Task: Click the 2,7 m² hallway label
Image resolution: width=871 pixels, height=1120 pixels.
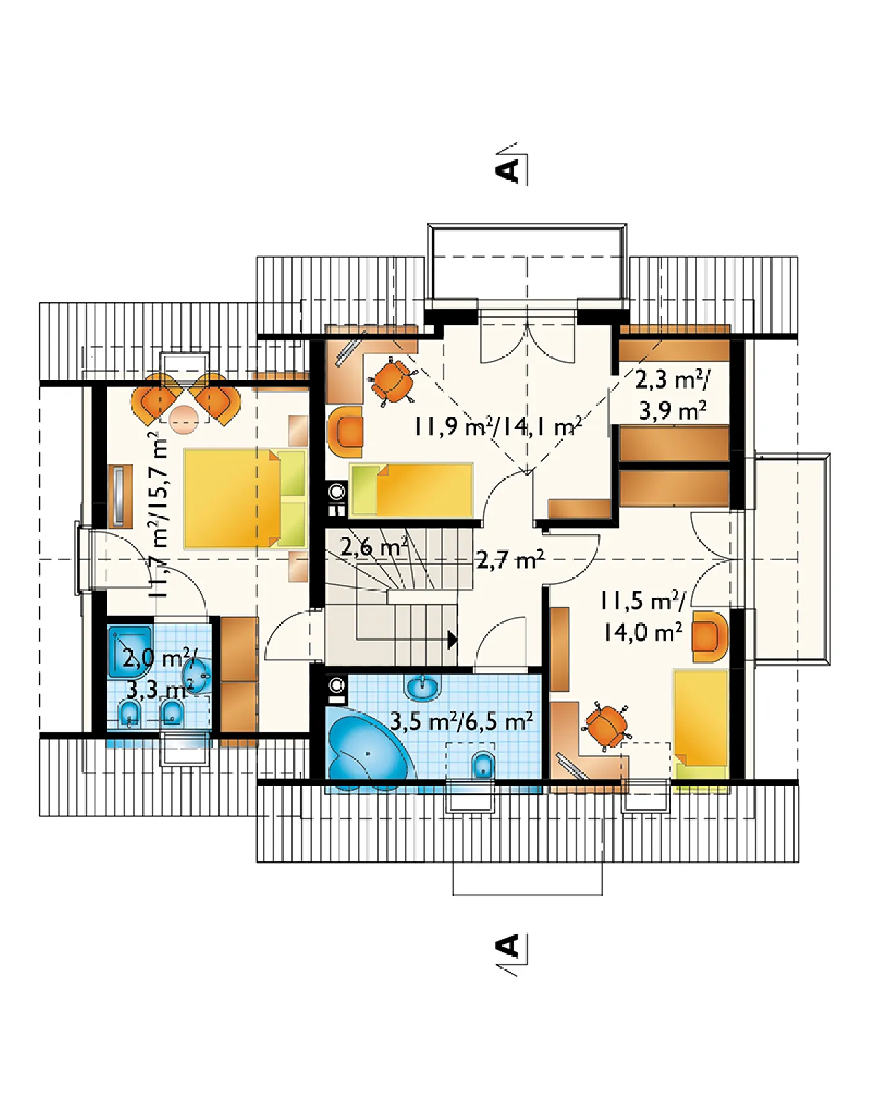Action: click(510, 559)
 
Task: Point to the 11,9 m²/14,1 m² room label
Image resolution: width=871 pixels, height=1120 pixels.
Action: click(496, 426)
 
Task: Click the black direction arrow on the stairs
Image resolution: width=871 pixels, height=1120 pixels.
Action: click(452, 639)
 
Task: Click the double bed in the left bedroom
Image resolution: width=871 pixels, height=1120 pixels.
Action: click(245, 498)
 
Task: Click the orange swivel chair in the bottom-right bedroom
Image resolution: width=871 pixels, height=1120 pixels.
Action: click(606, 725)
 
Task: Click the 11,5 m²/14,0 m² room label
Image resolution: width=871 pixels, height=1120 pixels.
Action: click(643, 616)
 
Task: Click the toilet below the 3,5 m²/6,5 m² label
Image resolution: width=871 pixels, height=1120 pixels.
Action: click(483, 765)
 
